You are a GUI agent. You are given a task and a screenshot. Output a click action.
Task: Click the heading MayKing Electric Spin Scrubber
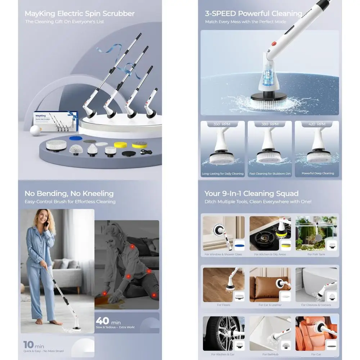pos(80,14)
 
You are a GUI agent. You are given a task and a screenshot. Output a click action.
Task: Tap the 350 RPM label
pos(221,124)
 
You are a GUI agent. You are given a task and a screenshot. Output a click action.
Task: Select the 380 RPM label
pos(269,124)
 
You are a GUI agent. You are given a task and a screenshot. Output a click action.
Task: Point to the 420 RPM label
pos(316,124)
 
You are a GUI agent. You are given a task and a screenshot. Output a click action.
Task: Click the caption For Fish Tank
pos(317,255)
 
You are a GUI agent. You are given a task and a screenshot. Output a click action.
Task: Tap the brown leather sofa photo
pos(270,285)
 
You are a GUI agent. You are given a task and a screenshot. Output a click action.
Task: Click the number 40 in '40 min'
pos(103,320)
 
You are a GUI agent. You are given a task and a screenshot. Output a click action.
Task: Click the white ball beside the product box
pos(35,130)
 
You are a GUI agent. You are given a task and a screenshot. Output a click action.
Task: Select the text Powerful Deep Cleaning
pos(318,174)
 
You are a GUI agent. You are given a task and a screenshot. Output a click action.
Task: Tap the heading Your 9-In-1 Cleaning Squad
pos(252,193)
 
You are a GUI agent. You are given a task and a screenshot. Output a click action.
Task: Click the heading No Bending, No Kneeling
pos(69,193)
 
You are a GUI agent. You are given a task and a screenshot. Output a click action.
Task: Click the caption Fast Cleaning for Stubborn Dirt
pos(270,174)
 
